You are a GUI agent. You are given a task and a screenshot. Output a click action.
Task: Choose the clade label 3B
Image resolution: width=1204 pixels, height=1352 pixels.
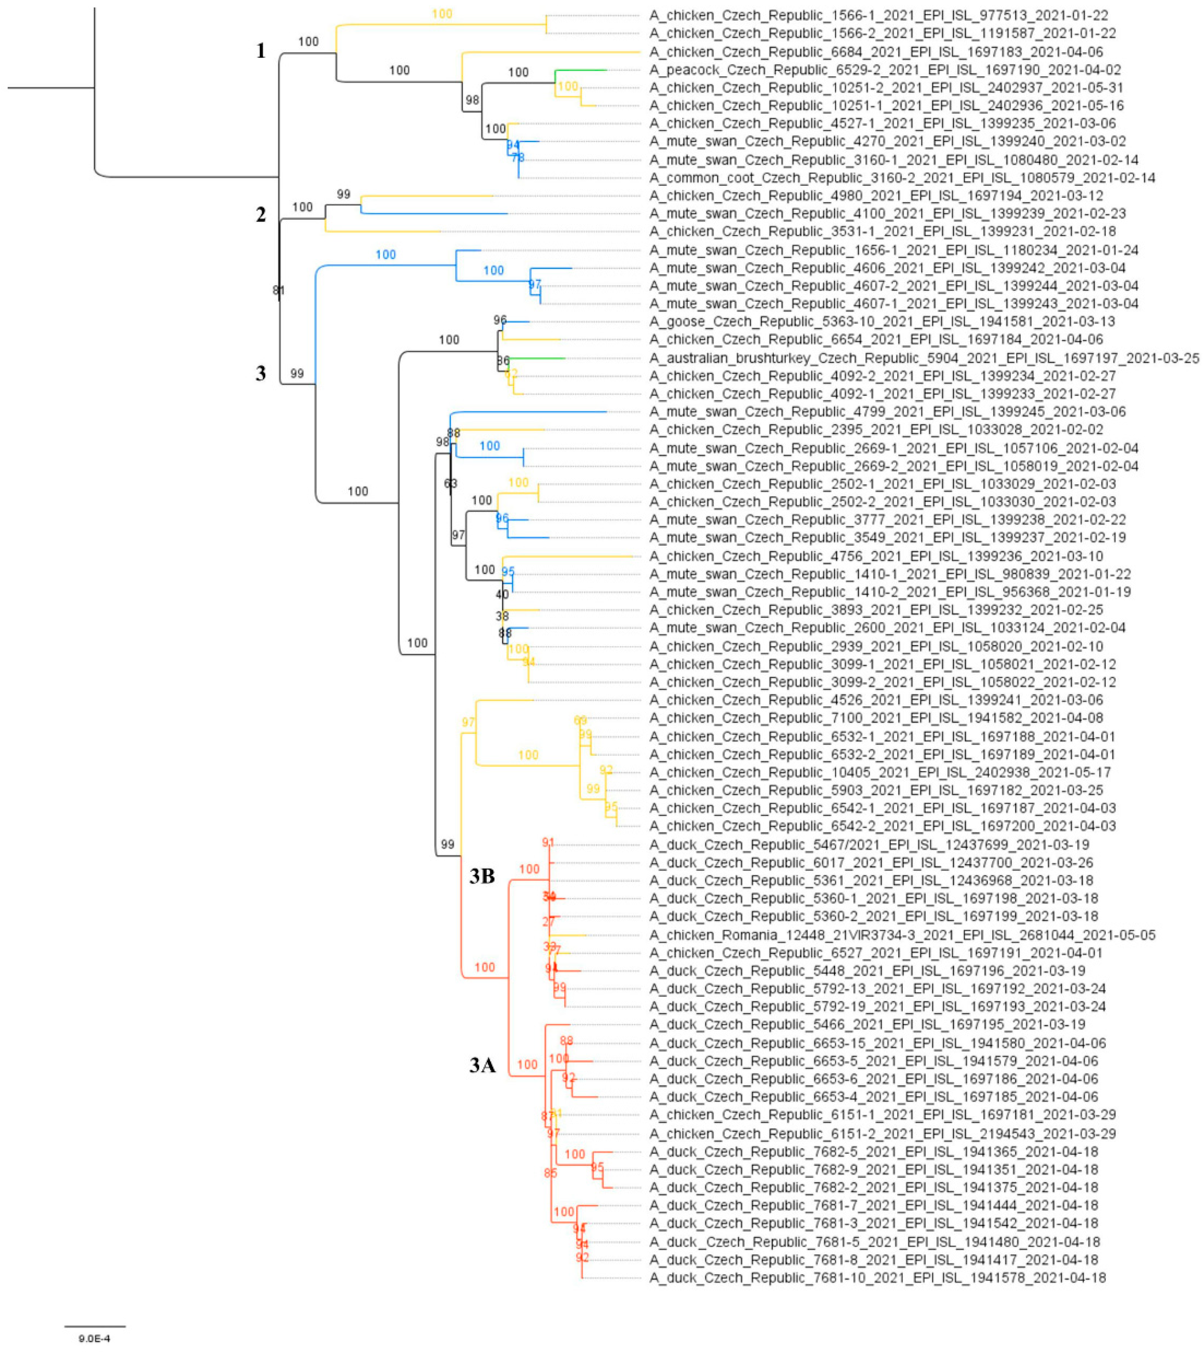point(482,876)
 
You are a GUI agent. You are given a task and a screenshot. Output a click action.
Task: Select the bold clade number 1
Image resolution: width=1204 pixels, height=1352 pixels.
point(261,51)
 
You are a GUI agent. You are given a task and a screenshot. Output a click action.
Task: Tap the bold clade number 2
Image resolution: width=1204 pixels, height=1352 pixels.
point(261,214)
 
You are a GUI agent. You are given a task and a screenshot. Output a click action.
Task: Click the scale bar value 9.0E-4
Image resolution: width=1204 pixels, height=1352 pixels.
point(95,1338)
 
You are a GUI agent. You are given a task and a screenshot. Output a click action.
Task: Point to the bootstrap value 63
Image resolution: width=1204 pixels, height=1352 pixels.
point(450,484)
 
